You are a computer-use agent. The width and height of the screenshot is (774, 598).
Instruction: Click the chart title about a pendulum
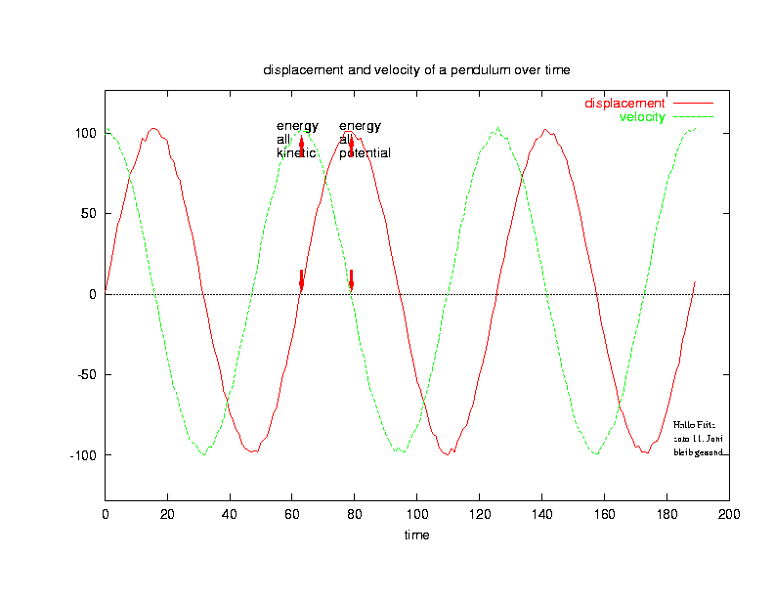415,70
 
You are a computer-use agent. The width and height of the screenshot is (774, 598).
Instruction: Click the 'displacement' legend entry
624,103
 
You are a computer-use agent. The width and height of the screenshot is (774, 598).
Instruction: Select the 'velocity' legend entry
642,117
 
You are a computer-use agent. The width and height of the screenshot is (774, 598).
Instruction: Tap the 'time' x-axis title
417,535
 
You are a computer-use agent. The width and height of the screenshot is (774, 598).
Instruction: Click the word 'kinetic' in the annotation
296,153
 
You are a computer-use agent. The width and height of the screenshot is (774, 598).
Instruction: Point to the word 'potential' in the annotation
365,153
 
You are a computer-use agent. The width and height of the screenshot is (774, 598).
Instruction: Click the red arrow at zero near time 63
301,281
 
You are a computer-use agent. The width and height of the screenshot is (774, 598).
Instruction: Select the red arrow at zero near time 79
351,281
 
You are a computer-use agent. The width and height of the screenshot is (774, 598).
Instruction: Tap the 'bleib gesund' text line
698,452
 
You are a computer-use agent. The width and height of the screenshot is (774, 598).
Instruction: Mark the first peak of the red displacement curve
153,129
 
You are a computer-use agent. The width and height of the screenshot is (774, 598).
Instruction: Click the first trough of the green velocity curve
203,453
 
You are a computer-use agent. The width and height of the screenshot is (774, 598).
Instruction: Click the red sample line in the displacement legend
693,103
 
